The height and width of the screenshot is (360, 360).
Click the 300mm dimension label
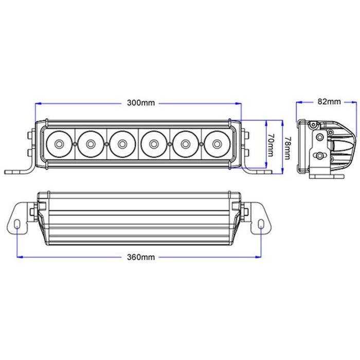pyautogui.click(x=141, y=103)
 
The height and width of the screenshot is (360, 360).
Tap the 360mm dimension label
pyautogui.click(x=141, y=256)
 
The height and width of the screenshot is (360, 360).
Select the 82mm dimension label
pyautogui.click(x=329, y=102)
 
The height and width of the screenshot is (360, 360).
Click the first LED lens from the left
pyautogui.click(x=59, y=143)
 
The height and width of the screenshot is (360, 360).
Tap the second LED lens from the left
pyautogui.click(x=91, y=143)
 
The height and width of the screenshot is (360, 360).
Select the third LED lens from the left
pyautogui.click(x=122, y=143)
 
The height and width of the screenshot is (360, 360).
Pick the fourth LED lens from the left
pyautogui.click(x=153, y=143)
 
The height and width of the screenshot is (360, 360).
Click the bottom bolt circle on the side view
pyautogui.click(x=320, y=155)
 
